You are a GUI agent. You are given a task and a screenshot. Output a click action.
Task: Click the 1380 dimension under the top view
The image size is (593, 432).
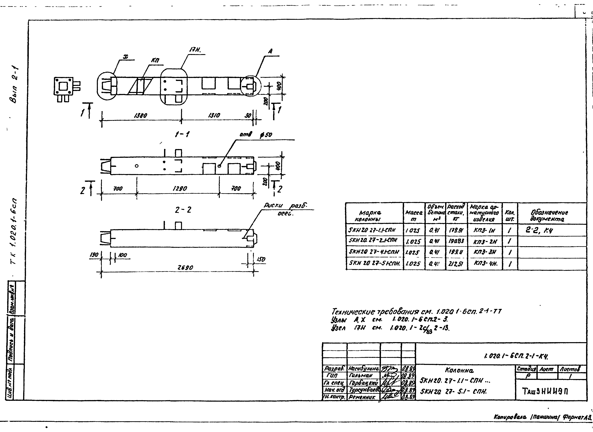click(140, 115)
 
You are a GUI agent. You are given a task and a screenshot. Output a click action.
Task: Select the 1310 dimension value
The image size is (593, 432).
click(214, 115)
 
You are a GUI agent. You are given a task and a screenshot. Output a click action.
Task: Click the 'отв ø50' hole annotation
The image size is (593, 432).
click(256, 135)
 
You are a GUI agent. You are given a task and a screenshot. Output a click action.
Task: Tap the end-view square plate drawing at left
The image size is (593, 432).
click(63, 86)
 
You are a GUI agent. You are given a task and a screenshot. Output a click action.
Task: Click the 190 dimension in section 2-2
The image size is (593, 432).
click(94, 255)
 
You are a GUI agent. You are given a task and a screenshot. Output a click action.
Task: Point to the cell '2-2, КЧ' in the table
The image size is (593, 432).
click(539, 230)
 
